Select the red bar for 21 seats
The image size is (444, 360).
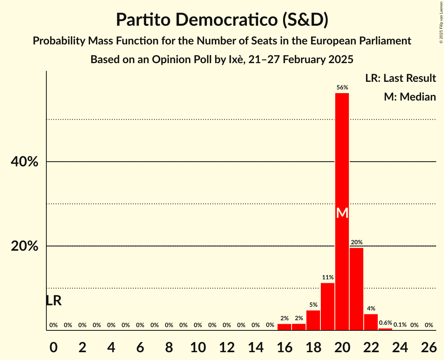[357, 289]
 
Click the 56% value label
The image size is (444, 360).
[342, 88]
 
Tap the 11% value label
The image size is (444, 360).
[328, 277]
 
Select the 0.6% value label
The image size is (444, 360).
[386, 323]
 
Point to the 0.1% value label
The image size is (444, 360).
[400, 325]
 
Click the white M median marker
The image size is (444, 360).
[342, 213]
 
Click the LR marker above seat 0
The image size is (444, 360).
[53, 300]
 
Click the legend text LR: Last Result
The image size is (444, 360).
[401, 78]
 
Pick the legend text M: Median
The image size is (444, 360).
[410, 97]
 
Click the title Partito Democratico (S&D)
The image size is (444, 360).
[222, 20]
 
